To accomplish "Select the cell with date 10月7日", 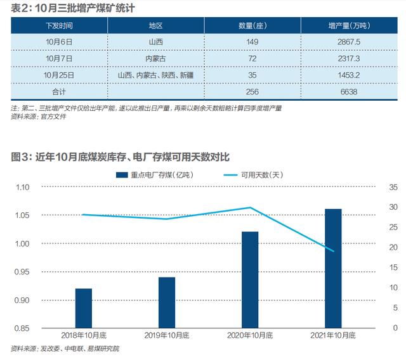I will (x=60, y=58).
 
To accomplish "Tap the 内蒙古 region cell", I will (x=155, y=58).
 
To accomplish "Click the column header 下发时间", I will (x=60, y=26).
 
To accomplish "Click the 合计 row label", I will (x=60, y=91).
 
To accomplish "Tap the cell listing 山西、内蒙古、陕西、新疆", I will (x=155, y=75).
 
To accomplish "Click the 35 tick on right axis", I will (x=393, y=188).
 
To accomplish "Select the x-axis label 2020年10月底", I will (x=250, y=335).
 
